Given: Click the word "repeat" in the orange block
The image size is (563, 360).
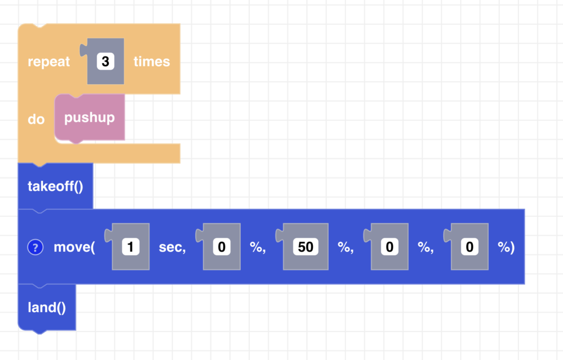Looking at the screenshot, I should pos(49,62).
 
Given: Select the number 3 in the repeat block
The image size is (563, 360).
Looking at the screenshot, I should pos(105,62).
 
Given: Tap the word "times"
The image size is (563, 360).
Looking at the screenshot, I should pos(151,62).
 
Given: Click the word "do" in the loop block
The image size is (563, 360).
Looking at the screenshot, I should pos(36,119).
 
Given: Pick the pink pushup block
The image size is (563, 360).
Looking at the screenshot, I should pos(89,118).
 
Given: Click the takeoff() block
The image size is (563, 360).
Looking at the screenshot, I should pos(55,186).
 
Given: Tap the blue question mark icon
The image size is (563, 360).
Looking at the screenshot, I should pos(35,247).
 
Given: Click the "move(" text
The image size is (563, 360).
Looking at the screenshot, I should pos(74,247).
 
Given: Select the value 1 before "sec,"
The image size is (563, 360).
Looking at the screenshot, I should pos(130,247).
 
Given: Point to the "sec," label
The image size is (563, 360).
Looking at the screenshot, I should pos(172,247).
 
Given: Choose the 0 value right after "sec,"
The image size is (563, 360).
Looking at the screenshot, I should pos(222,247).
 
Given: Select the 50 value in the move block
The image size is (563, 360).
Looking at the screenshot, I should pos(306,247).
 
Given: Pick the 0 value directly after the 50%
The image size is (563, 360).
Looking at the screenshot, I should pos(389,247).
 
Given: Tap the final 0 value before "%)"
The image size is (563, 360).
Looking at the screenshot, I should pos(470,247).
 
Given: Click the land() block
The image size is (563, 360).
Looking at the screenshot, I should pos(47,307).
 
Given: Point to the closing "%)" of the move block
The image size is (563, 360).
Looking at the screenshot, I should pos(506,247).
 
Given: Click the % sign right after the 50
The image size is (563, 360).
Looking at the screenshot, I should pos(345,247).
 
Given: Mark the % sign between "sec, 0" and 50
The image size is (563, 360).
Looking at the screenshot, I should pos(257,247).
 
